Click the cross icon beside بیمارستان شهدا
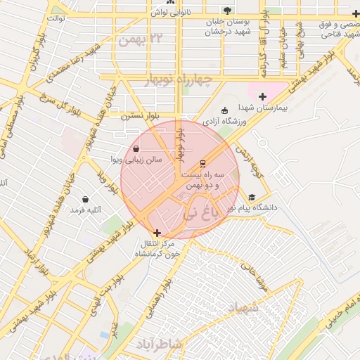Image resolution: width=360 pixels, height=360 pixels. (263, 96)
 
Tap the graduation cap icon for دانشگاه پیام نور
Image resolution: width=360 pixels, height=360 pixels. (252, 198)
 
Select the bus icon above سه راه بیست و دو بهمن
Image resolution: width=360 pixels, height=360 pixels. (203, 163)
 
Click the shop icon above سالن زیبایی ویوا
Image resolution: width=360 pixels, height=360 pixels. (135, 149)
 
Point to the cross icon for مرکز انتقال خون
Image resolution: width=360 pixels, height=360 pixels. (156, 233)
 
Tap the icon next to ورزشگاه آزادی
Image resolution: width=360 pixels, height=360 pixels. (224, 110)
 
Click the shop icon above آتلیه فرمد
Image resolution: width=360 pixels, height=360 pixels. (86, 199)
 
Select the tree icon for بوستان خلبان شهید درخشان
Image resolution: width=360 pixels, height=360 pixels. (226, 11)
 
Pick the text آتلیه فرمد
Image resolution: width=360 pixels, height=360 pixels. (86, 210)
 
